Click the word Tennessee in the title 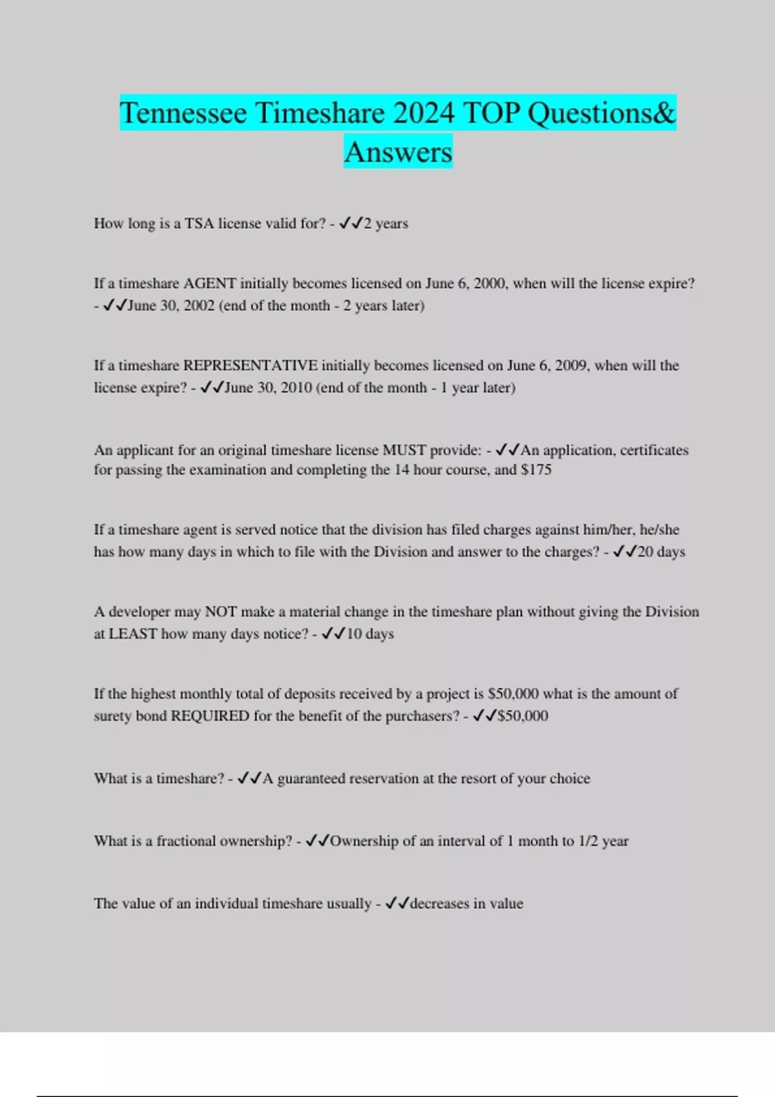pos(183,114)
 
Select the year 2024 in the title pos(424,114)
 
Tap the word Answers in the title pos(398,152)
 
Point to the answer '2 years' pos(386,223)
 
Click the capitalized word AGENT pos(210,283)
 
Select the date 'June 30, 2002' pos(171,305)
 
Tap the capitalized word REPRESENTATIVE pos(251,365)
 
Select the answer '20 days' pos(661,552)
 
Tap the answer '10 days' pos(370,634)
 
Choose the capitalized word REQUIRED pos(210,716)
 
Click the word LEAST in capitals pos(132,634)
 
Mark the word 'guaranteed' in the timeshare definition pos(311,778)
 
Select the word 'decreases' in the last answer pos(439,903)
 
